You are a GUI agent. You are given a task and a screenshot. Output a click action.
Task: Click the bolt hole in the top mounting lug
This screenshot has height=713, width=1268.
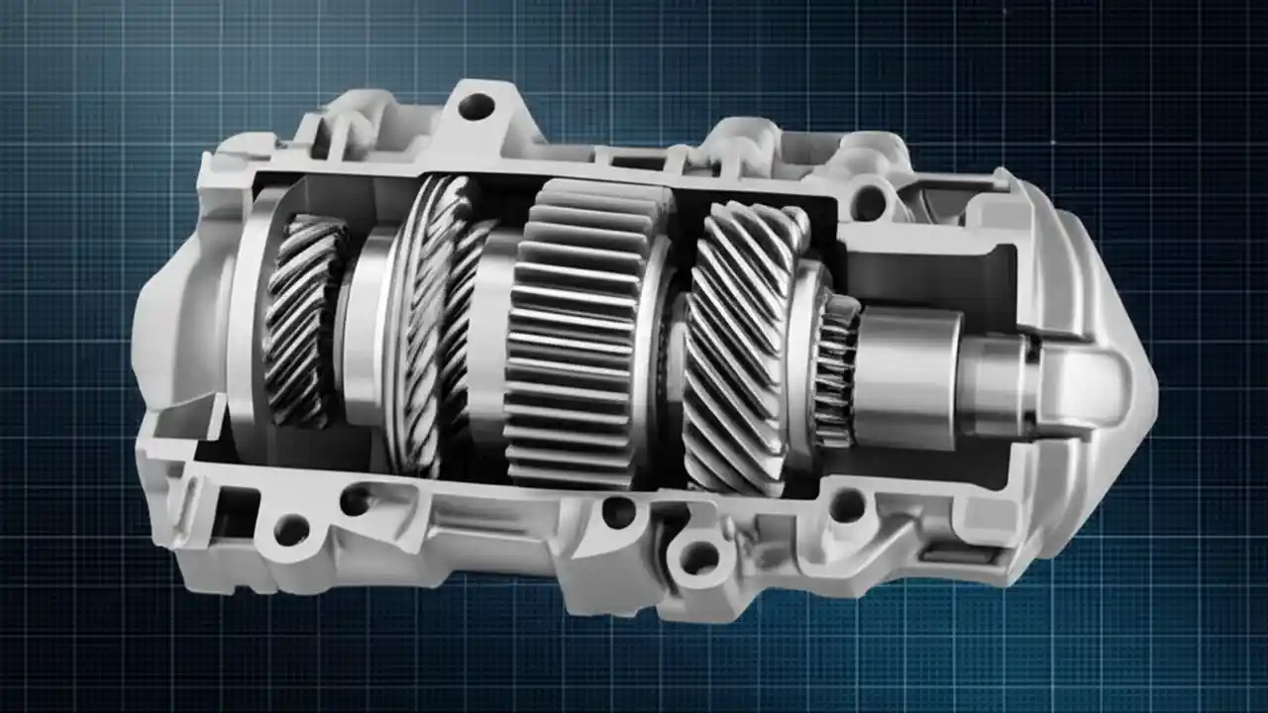[x=476, y=106]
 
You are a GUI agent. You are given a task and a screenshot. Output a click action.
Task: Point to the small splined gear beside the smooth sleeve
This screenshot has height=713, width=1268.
[x=834, y=371]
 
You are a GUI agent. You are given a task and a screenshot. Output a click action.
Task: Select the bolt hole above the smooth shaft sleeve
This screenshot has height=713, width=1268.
[x=869, y=202]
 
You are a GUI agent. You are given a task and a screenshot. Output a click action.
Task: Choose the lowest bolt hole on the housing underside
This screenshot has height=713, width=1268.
[x=699, y=558]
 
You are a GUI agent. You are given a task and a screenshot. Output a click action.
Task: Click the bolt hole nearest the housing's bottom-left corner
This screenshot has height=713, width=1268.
[x=291, y=530]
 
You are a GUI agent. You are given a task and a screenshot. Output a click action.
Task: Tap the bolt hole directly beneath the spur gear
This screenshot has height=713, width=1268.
[x=619, y=512]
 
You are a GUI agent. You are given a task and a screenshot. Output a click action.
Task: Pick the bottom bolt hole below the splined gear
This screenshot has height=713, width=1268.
[x=847, y=506]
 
